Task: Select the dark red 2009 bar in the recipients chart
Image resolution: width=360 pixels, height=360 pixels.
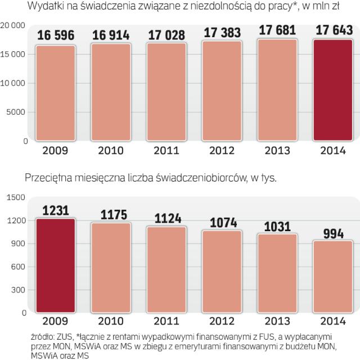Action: pos(55,264)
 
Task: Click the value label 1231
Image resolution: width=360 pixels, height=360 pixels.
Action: pos(55,210)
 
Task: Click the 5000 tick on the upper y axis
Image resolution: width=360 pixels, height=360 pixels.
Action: pos(18,112)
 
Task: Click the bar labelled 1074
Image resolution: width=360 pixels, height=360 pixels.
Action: pos(222,271)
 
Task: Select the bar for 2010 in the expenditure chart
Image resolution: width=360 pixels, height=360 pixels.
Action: pos(111,92)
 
